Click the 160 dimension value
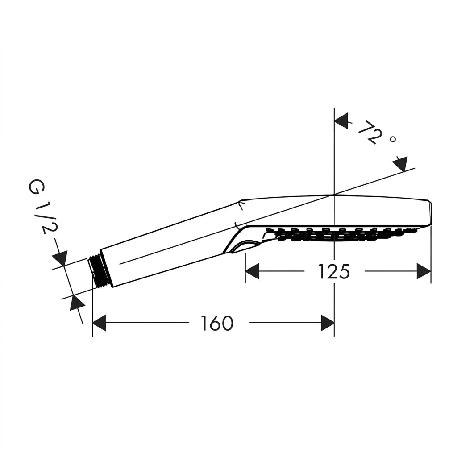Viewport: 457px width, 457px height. point(217,323)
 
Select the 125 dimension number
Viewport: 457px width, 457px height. point(334,271)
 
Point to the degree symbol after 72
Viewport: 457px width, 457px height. point(393,139)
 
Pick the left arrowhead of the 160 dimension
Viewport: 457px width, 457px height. point(99,323)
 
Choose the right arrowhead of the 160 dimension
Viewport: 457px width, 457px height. point(327,323)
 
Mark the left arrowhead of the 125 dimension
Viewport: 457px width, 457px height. point(252,271)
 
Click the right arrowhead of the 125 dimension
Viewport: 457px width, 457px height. point(424,271)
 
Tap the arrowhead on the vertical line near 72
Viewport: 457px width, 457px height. point(341,120)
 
